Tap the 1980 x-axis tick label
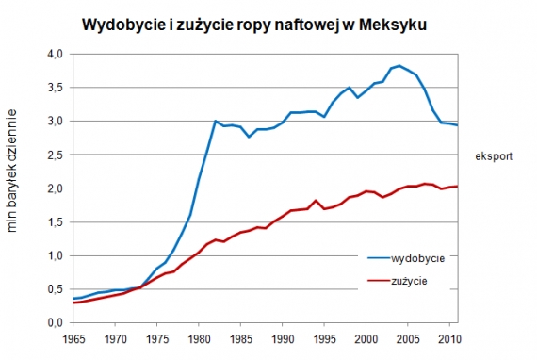(x=198, y=336)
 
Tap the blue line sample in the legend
(x=378, y=257)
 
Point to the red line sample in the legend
(x=378, y=280)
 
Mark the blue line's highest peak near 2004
(x=399, y=65)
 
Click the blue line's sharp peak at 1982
(x=215, y=122)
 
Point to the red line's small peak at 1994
(x=316, y=201)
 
